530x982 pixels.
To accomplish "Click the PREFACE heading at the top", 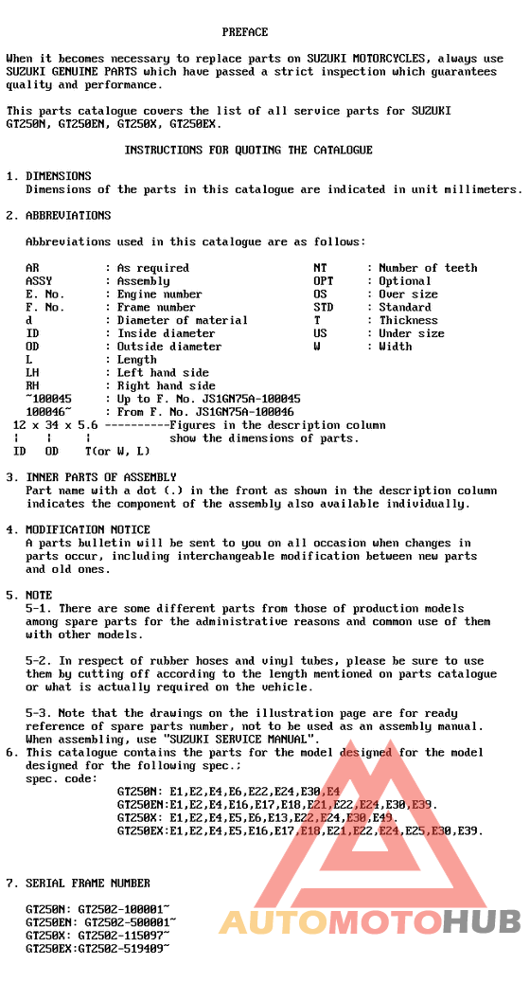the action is tap(245, 32).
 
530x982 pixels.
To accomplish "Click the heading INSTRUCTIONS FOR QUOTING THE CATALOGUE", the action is tap(248, 150).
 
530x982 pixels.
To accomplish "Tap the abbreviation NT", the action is tap(320, 268).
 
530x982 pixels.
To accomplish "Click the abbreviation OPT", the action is tap(323, 281).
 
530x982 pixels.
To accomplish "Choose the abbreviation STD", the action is tap(323, 307).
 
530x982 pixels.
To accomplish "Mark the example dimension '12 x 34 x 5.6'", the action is tap(56, 425).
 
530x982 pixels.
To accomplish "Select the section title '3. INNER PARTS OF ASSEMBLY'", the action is tap(91, 477).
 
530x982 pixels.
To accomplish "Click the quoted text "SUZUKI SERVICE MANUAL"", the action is tap(240, 739).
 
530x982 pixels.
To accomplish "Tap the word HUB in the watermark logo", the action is tap(481, 920).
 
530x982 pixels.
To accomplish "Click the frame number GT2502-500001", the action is tap(131, 921).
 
